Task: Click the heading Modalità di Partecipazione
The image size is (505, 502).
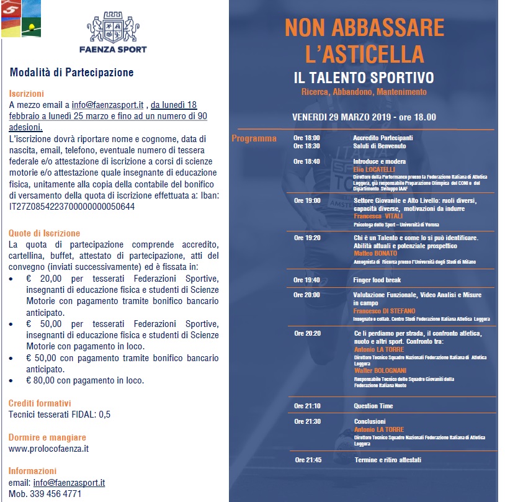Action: (71, 73)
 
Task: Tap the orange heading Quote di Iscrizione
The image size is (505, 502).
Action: (45, 233)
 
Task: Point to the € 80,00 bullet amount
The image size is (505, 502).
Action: (40, 380)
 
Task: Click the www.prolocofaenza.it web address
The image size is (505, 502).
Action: (49, 448)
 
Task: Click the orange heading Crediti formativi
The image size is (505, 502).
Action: (40, 403)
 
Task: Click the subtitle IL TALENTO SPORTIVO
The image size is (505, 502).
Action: (364, 78)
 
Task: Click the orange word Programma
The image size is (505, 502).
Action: (254, 138)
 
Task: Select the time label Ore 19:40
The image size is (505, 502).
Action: (307, 280)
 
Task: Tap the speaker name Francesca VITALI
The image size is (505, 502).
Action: (378, 216)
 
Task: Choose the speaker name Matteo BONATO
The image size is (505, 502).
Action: (374, 254)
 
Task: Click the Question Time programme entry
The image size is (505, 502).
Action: (373, 406)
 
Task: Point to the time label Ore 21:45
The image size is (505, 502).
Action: (308, 460)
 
